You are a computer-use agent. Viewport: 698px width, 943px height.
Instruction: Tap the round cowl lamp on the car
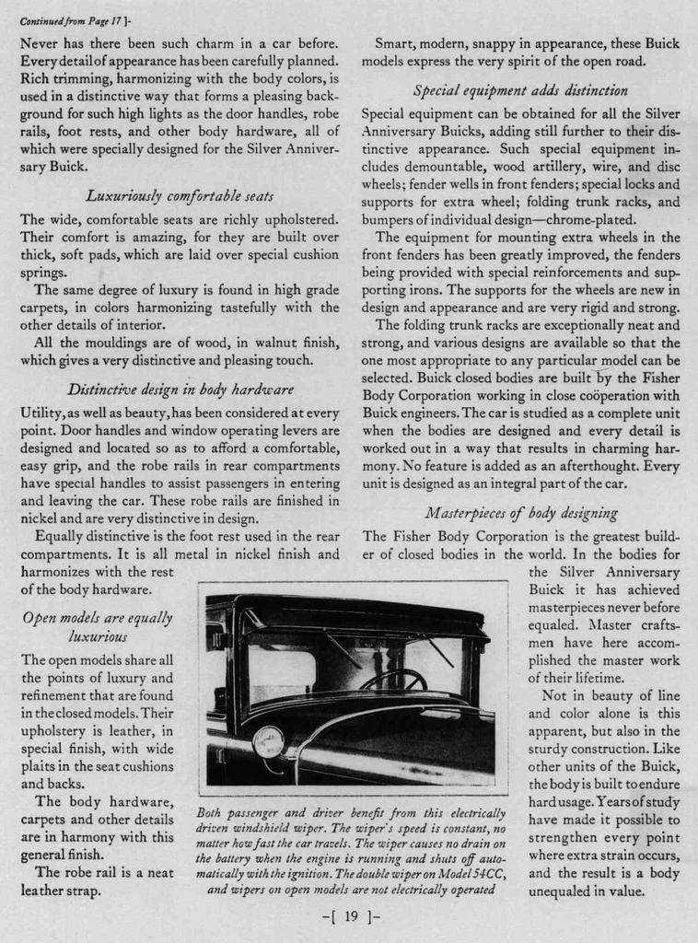click(x=268, y=741)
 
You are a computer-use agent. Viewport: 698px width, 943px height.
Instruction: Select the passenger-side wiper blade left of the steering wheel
click(x=342, y=648)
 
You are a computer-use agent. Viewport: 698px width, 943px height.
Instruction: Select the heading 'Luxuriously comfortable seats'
click(x=180, y=195)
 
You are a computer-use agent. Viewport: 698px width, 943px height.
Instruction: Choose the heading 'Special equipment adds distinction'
click(x=520, y=90)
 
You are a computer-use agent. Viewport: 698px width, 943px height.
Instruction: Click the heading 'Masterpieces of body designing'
click(x=521, y=513)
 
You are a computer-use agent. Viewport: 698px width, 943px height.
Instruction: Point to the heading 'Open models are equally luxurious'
click(x=97, y=626)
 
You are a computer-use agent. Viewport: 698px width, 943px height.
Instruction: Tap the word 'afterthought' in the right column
click(x=587, y=465)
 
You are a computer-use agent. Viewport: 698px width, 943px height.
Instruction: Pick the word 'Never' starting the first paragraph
click(x=40, y=43)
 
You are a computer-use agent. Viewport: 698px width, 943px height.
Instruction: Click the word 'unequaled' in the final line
click(x=564, y=891)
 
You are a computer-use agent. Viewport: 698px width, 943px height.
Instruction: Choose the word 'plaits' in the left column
click(x=39, y=766)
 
